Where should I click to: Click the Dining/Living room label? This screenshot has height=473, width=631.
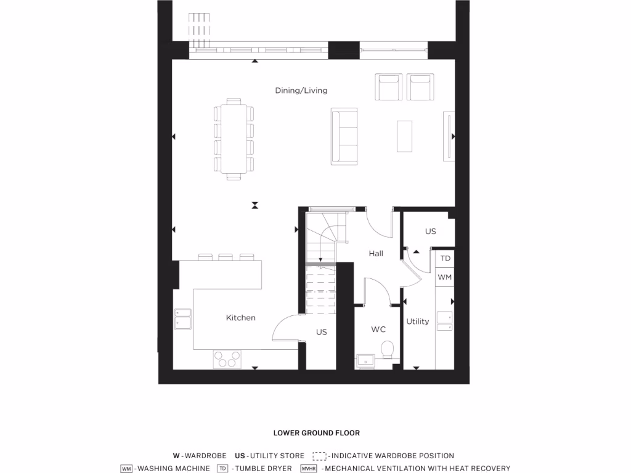pos(301,91)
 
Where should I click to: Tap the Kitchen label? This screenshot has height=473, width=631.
pos(240,318)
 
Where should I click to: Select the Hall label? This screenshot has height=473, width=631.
pos(376,253)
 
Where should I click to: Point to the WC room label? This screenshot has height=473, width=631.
pos(378,329)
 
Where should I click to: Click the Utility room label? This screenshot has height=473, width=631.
pos(417,321)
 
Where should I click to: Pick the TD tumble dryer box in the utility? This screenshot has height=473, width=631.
pos(445,259)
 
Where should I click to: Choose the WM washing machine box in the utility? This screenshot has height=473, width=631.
pos(445,277)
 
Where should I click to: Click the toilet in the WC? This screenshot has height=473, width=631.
pos(388,350)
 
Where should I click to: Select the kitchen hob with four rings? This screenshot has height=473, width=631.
pos(227,359)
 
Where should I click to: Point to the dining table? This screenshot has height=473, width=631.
pos(234,139)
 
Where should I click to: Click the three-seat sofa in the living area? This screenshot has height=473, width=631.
pos(344,136)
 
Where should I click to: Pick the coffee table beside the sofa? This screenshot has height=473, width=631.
pos(404,135)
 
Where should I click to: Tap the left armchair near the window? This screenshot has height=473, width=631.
pos(389,87)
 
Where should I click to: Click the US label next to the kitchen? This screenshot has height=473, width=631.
pos(321,332)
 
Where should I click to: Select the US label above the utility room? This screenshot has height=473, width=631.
pos(430,232)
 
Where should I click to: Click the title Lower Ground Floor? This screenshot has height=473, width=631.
pos(317,433)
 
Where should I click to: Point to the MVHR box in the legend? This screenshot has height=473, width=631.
pos(308,469)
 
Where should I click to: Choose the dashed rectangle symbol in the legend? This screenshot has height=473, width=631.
pos(319,456)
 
